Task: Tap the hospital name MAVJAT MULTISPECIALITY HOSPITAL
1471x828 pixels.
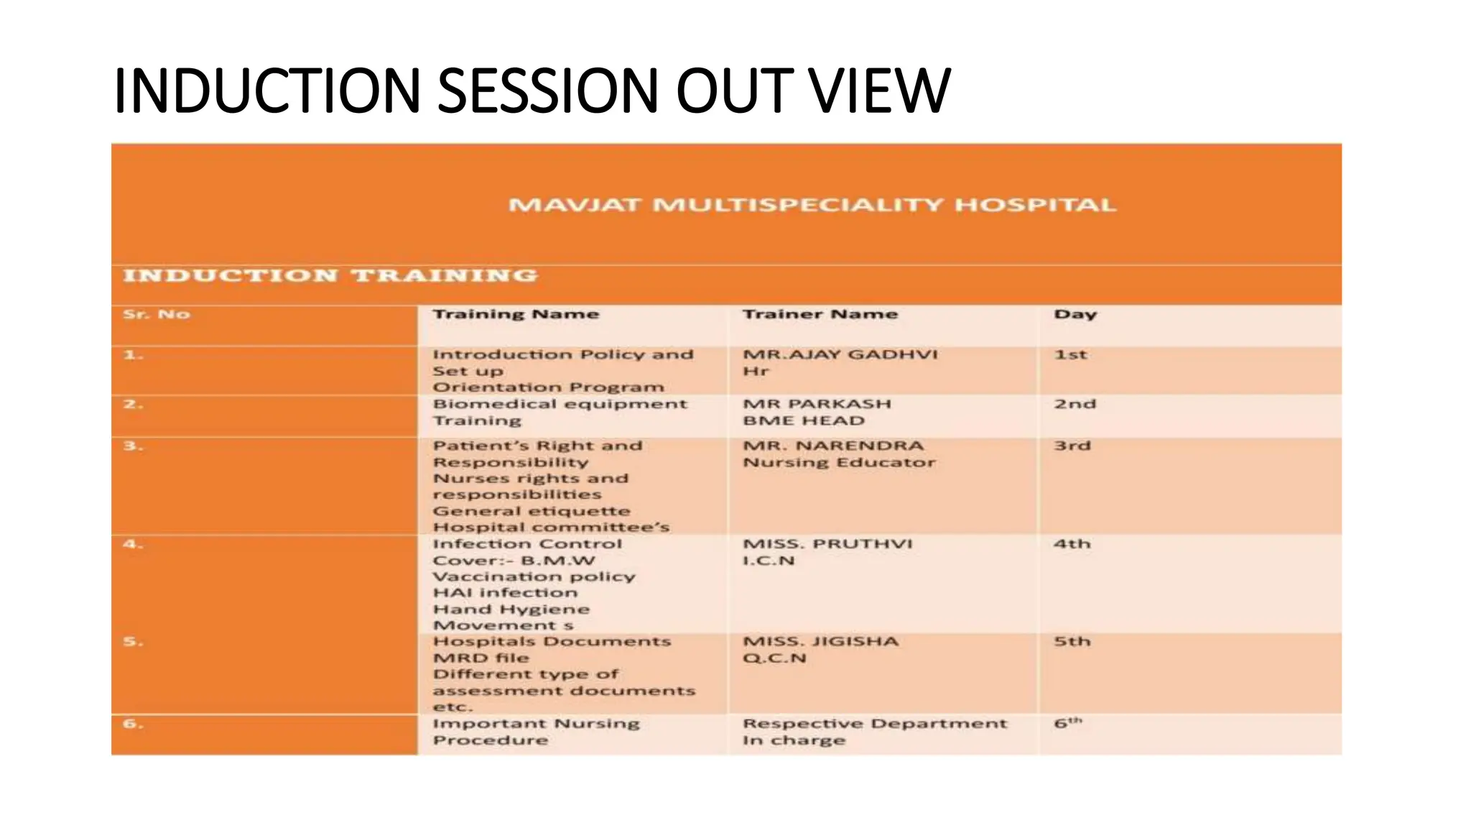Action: tap(812, 206)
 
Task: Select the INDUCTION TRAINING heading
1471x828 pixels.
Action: tap(330, 276)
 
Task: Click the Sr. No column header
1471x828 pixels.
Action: tap(157, 315)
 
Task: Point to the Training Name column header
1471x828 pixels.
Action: tap(516, 315)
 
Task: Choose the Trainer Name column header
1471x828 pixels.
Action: tap(820, 315)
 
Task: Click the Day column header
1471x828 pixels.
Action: tap(1075, 315)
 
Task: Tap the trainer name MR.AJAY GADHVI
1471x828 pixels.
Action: tap(840, 355)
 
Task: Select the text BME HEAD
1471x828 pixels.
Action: tap(803, 421)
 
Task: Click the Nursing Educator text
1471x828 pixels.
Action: tap(839, 463)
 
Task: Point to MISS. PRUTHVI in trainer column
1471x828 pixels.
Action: tap(827, 544)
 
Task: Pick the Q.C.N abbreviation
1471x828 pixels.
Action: tap(774, 658)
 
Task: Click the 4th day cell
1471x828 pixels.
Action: tap(1072, 544)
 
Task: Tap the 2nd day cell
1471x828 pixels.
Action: tap(1075, 405)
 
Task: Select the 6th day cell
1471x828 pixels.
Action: tap(1067, 724)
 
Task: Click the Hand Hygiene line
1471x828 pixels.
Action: tap(511, 609)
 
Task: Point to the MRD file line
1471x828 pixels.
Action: tap(481, 658)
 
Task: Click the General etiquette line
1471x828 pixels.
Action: tap(532, 512)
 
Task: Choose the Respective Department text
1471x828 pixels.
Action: tap(875, 724)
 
